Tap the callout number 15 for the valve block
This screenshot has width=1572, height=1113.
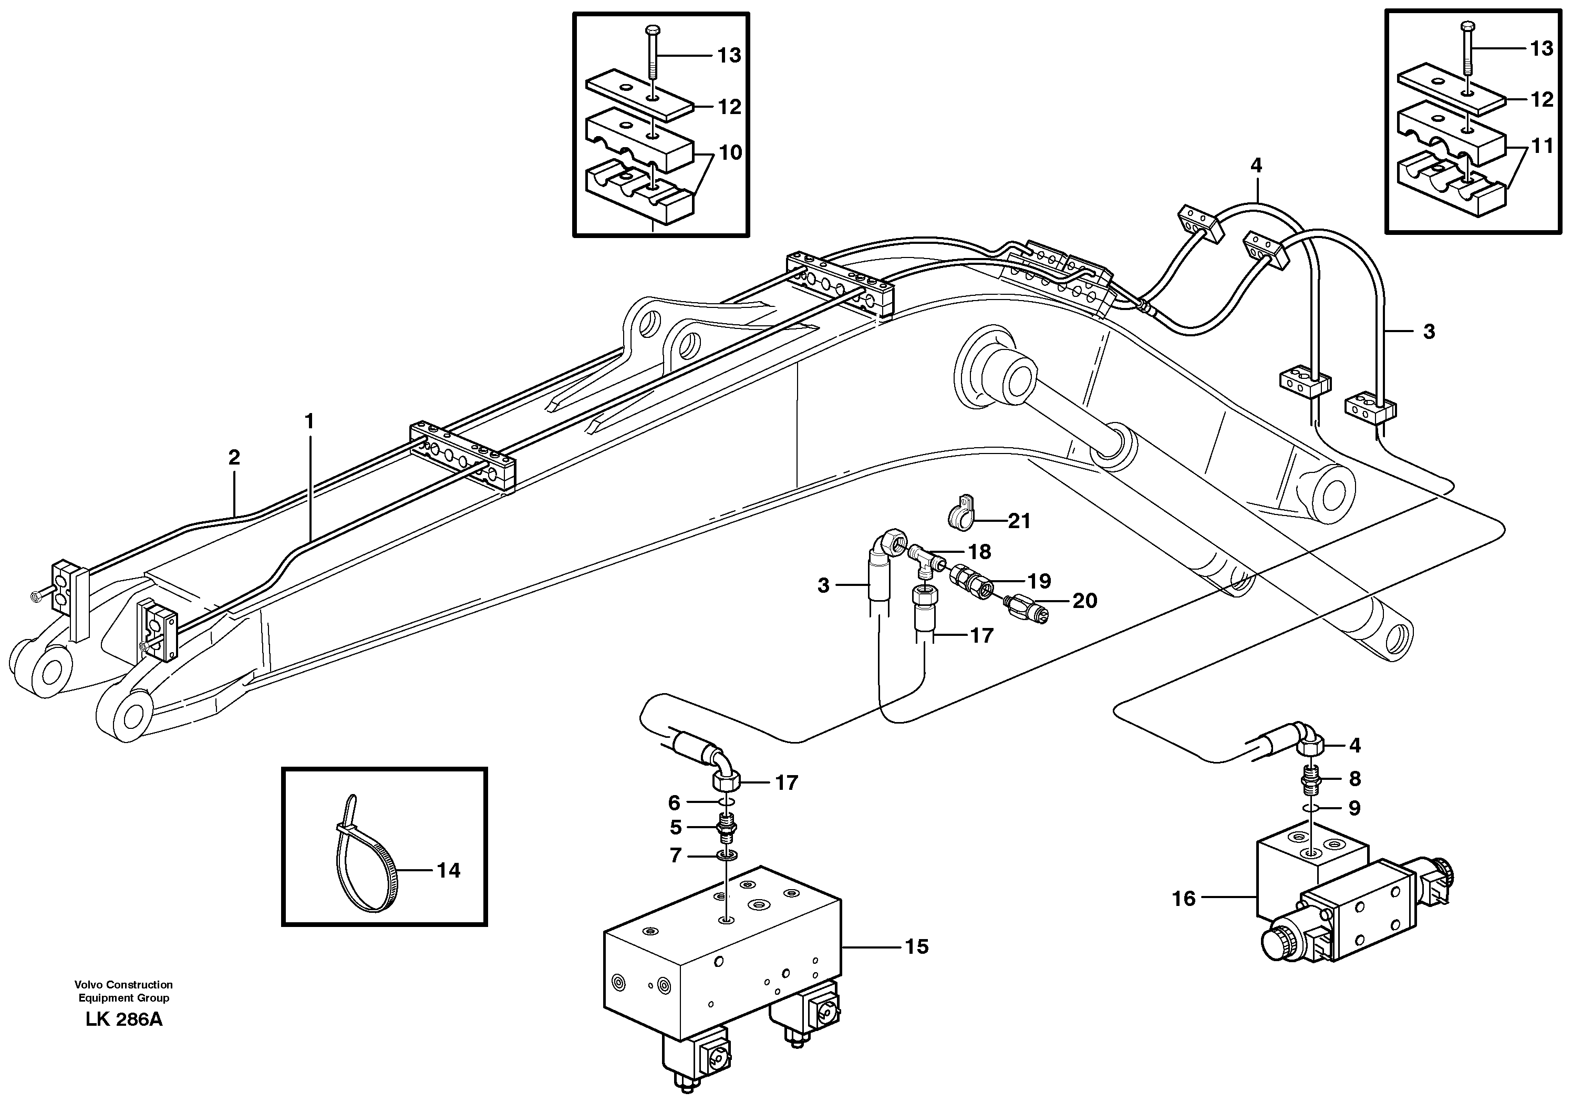(916, 946)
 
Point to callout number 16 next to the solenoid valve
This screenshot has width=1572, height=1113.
(1183, 899)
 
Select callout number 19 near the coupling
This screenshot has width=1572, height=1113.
(1040, 581)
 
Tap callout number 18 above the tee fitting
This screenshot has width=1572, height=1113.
(980, 552)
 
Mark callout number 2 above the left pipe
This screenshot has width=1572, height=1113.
(234, 457)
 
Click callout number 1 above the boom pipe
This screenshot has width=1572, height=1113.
(309, 421)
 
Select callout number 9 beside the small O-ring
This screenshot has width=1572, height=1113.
(1354, 808)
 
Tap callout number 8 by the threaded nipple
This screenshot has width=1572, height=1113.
(1354, 779)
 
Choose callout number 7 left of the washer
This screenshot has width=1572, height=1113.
(676, 856)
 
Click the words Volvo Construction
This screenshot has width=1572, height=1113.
(124, 985)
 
